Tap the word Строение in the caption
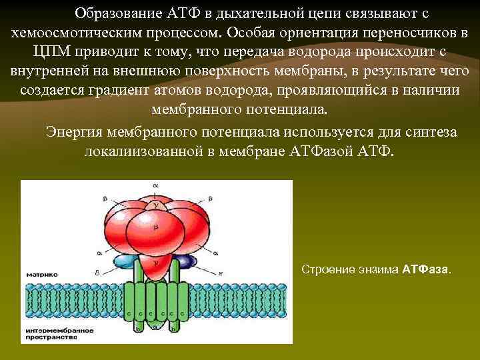(x=322, y=270)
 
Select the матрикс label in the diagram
(x=42, y=274)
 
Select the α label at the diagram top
(x=155, y=184)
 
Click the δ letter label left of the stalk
(x=98, y=272)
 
